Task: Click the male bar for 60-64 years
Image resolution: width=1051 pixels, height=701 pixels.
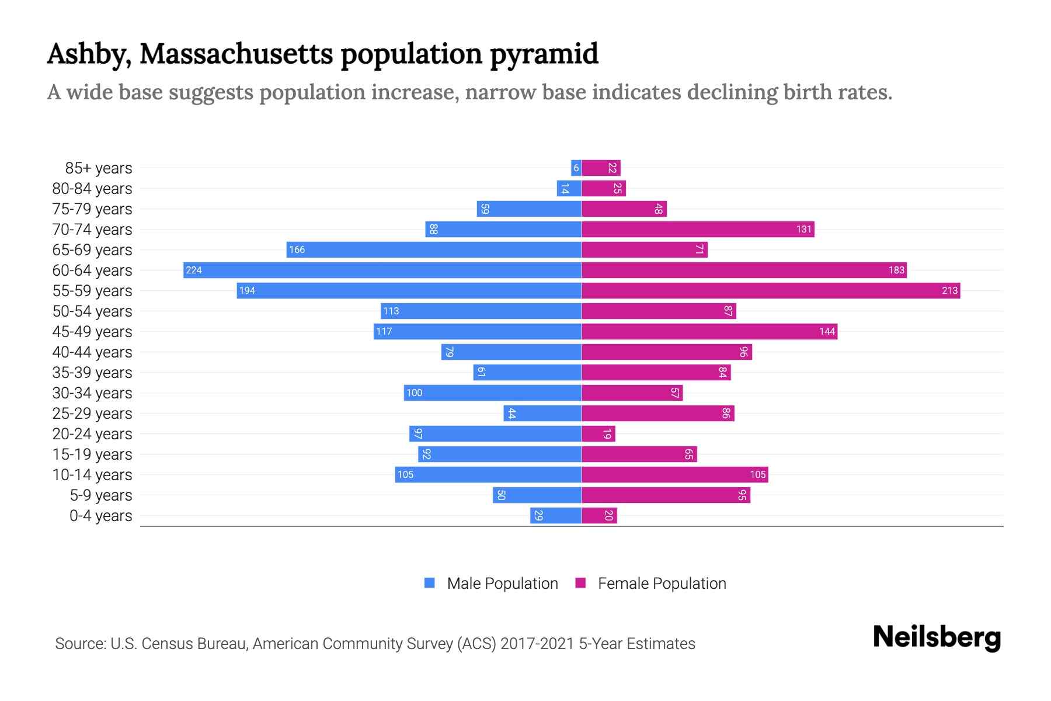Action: [382, 270]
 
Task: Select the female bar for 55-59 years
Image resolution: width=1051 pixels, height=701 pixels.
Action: [771, 290]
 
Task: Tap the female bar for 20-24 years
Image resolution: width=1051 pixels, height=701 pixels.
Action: [598, 433]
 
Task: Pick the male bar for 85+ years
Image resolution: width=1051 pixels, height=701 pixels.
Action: [576, 168]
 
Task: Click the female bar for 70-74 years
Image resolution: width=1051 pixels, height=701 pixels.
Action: [698, 229]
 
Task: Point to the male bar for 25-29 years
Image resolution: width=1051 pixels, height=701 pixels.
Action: [542, 413]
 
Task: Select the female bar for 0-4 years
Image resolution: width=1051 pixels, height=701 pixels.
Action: [599, 515]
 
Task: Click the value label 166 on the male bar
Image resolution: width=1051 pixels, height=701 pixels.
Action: [297, 249]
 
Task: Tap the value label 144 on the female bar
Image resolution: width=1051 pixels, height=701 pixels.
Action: [827, 331]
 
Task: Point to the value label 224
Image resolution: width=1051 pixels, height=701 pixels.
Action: [193, 270]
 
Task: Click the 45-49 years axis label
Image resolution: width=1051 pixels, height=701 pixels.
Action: [92, 331]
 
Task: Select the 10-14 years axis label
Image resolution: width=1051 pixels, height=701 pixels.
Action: [92, 474]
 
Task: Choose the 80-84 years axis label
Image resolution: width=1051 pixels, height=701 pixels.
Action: [92, 188]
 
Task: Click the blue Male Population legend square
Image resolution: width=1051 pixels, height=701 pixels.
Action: [430, 583]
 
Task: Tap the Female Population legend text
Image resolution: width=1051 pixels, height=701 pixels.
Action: [662, 583]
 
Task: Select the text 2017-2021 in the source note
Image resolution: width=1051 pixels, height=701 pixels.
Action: [537, 643]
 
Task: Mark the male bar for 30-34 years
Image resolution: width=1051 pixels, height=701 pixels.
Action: [492, 393]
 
